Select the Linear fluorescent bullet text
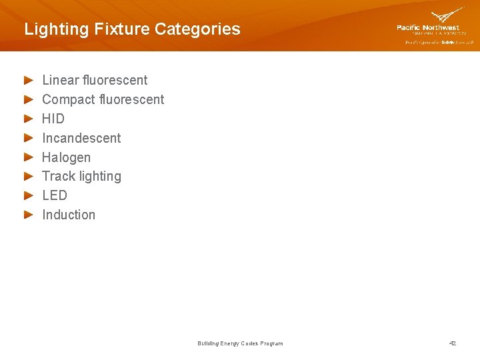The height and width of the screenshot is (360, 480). (95, 80)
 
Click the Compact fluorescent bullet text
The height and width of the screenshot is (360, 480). (103, 99)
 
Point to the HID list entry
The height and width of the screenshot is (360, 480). (53, 119)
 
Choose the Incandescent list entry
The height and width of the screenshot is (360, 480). (81, 138)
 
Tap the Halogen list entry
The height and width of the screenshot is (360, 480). (66, 157)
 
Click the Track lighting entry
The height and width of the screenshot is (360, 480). (81, 176)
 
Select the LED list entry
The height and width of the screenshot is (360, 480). (55, 195)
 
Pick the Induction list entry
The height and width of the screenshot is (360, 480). (69, 215)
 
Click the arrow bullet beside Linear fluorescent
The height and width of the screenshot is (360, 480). (28, 80)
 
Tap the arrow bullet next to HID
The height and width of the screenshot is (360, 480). (28, 119)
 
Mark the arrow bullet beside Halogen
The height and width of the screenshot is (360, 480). (28, 157)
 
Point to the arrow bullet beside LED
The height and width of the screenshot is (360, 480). (28, 195)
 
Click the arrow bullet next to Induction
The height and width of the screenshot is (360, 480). (28, 215)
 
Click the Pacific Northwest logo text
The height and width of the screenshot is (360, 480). (428, 28)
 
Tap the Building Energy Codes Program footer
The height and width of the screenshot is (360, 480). (240, 343)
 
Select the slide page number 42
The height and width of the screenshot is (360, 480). (453, 343)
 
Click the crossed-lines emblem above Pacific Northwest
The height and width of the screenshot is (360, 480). (447, 15)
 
